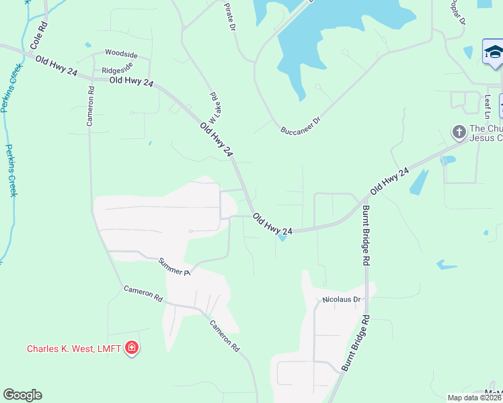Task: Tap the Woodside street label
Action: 121,54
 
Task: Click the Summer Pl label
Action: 175,267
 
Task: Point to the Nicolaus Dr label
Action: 342,300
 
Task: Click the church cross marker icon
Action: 459,132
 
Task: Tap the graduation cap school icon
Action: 493,52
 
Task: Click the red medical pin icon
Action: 132,348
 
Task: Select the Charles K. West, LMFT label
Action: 74,349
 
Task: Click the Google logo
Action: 23,395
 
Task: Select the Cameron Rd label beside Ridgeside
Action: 91,106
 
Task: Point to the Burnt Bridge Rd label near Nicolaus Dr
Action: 356,343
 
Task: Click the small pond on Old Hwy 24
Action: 283,236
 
